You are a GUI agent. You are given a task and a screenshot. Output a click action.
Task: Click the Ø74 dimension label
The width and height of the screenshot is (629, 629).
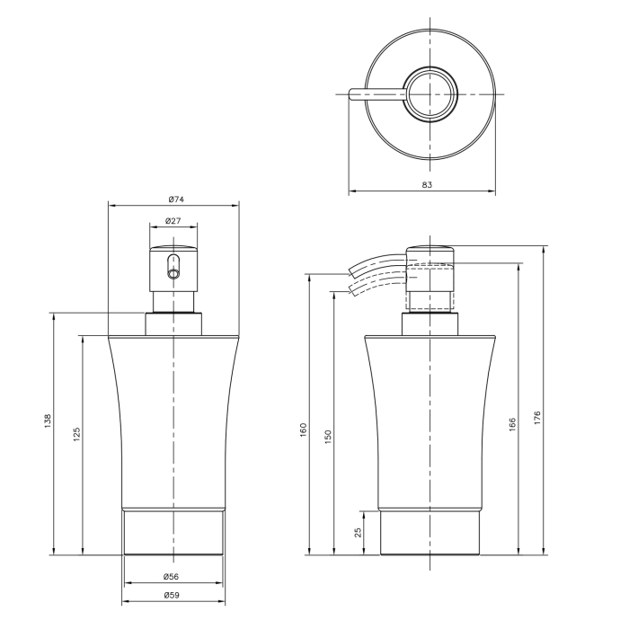click(176, 199)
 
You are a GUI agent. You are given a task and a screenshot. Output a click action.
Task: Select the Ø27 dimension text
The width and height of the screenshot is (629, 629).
click(173, 221)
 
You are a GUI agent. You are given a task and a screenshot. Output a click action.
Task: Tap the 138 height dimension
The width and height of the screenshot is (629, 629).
click(48, 421)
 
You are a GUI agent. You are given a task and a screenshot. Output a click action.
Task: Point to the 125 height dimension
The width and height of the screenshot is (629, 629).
click(76, 434)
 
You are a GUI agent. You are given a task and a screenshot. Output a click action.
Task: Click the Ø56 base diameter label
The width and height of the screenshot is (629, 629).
click(171, 577)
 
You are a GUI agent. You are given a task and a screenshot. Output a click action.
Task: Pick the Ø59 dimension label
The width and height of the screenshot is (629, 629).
click(172, 595)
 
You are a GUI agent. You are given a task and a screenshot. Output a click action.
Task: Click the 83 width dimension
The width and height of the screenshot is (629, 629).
click(427, 184)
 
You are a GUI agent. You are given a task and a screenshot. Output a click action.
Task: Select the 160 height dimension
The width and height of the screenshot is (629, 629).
click(304, 430)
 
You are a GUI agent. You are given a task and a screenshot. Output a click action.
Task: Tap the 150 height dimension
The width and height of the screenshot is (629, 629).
click(328, 436)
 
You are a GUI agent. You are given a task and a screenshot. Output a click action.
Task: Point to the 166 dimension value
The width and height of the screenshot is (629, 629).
click(512, 424)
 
